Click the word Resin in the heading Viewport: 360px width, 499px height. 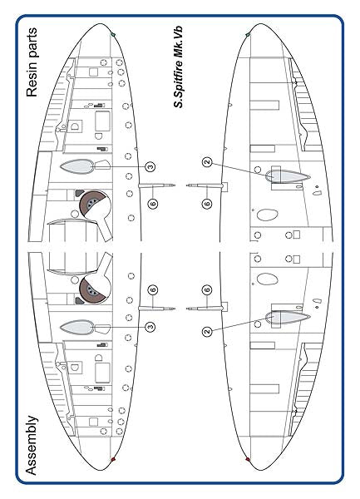point(32,81)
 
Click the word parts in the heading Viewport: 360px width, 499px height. point(32,45)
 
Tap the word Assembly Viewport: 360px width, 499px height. point(32,446)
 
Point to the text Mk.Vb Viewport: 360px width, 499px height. point(178,45)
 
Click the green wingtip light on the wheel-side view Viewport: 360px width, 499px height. point(113,34)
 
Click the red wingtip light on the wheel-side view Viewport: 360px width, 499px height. point(113,459)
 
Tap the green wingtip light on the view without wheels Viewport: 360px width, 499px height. point(248,34)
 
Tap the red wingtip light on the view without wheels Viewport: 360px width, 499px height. point(248,459)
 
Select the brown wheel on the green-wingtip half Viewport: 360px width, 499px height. point(92,204)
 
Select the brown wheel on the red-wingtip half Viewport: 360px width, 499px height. point(92,289)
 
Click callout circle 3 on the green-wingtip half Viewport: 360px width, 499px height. point(150,166)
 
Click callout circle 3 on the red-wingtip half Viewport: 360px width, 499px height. point(150,327)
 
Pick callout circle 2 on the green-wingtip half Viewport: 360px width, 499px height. point(207,162)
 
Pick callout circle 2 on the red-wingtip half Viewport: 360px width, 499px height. point(207,331)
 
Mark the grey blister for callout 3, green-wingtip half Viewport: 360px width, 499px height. point(76,166)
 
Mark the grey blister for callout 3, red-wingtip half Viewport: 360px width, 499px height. point(76,327)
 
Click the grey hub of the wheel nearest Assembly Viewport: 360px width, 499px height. point(92,289)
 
